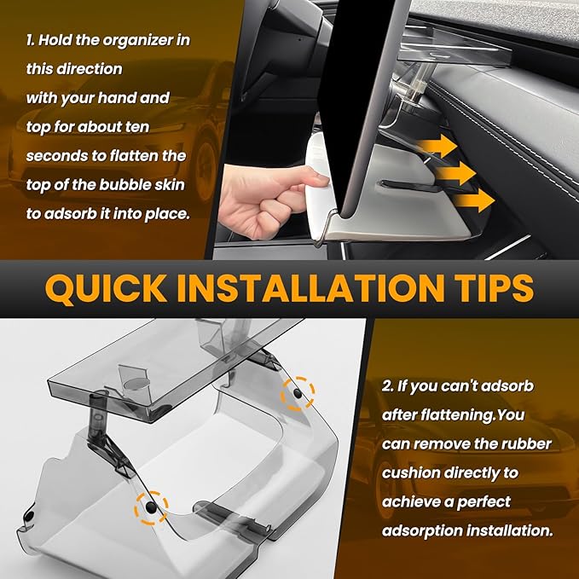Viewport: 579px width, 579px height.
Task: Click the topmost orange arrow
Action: coord(438,146)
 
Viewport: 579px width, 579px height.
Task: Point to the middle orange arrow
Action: coord(456,173)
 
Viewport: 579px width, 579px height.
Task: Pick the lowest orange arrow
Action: coord(474,200)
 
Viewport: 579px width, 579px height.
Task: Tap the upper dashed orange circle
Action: coord(298,394)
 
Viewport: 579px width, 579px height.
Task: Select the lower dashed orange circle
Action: coord(151,507)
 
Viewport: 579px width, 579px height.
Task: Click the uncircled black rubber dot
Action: coord(28,516)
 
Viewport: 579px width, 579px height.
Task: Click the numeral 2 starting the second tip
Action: coord(387,386)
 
